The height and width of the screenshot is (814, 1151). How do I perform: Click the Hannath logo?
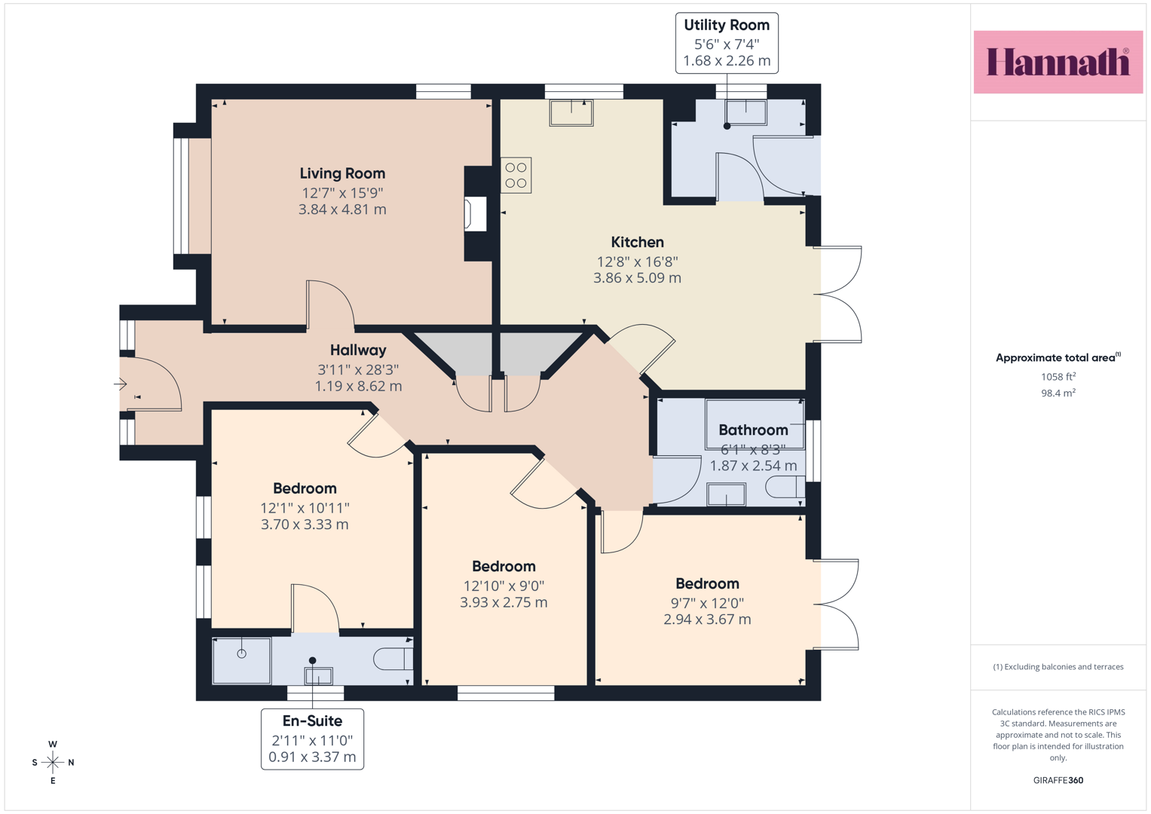pyautogui.click(x=1058, y=62)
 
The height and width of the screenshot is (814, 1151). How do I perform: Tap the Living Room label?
pyautogui.click(x=342, y=173)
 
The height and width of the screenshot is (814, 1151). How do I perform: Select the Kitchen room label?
pyautogui.click(x=637, y=242)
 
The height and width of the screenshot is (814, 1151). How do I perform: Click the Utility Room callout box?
pyautogui.click(x=727, y=43)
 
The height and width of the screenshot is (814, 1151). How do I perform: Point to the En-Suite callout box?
pyautogui.click(x=312, y=739)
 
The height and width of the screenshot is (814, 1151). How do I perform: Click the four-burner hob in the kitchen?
pyautogui.click(x=516, y=175)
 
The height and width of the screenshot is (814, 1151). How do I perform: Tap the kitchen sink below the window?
pyautogui.click(x=571, y=112)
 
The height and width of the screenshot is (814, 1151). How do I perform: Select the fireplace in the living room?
pyautogui.click(x=476, y=214)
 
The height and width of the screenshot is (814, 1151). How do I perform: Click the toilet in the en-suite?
pyautogui.click(x=393, y=659)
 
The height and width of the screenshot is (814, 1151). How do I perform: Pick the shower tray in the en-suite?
pyautogui.click(x=241, y=661)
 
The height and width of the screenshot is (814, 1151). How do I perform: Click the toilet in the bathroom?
pyautogui.click(x=785, y=487)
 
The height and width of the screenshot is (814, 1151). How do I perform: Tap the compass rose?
pyautogui.click(x=53, y=762)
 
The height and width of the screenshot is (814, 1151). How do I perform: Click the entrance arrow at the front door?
pyautogui.click(x=121, y=384)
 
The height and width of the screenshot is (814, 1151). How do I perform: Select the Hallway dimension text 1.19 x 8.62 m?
pyautogui.click(x=358, y=386)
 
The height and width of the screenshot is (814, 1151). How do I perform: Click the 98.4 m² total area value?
pyautogui.click(x=1058, y=393)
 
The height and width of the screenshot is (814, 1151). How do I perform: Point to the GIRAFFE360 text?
pyautogui.click(x=1058, y=780)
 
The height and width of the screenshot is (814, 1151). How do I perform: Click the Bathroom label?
pyautogui.click(x=753, y=430)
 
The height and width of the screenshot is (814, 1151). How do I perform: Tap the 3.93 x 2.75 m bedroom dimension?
pyautogui.click(x=504, y=602)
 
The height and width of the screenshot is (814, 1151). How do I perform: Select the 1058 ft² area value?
pyautogui.click(x=1058, y=377)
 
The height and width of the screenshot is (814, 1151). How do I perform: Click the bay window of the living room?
pyautogui.click(x=181, y=196)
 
